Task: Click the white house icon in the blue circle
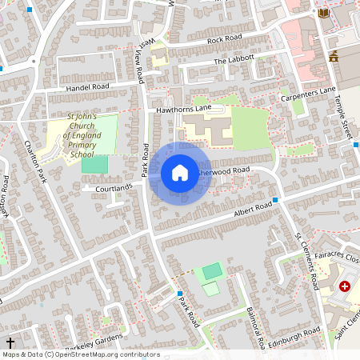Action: coord(180,171)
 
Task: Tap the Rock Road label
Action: coord(224,39)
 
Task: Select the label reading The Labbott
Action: coord(234,60)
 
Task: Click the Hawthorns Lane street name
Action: coord(183,107)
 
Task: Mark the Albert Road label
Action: coord(253,209)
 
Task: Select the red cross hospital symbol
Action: coord(345,286)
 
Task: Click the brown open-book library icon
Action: coord(323,13)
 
